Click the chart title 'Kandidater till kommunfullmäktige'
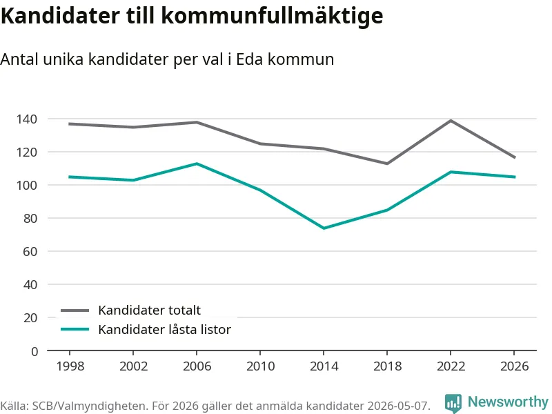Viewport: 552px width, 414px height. [192, 15]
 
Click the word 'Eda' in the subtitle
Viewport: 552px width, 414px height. [249, 59]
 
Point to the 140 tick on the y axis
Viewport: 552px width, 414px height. [27, 119]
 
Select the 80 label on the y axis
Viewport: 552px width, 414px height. [30, 218]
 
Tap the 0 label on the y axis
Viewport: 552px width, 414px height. [34, 351]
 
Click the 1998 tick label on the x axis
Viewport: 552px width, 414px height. [70, 366]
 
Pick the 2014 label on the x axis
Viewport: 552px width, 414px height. [324, 366]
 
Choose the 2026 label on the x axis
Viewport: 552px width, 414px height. [514, 366]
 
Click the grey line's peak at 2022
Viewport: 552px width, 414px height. [451, 121]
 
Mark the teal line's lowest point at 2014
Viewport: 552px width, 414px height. [324, 228]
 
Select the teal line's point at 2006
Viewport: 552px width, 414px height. [197, 164]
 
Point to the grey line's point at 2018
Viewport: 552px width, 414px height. [387, 164]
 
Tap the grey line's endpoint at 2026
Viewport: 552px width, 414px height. [515, 157]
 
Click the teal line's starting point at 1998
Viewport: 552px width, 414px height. [70, 177]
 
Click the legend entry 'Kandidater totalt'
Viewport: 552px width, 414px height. [149, 310]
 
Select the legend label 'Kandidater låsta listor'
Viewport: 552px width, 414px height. [164, 330]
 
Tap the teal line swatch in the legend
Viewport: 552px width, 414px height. [75, 329]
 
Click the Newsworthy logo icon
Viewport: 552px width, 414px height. [453, 403]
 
